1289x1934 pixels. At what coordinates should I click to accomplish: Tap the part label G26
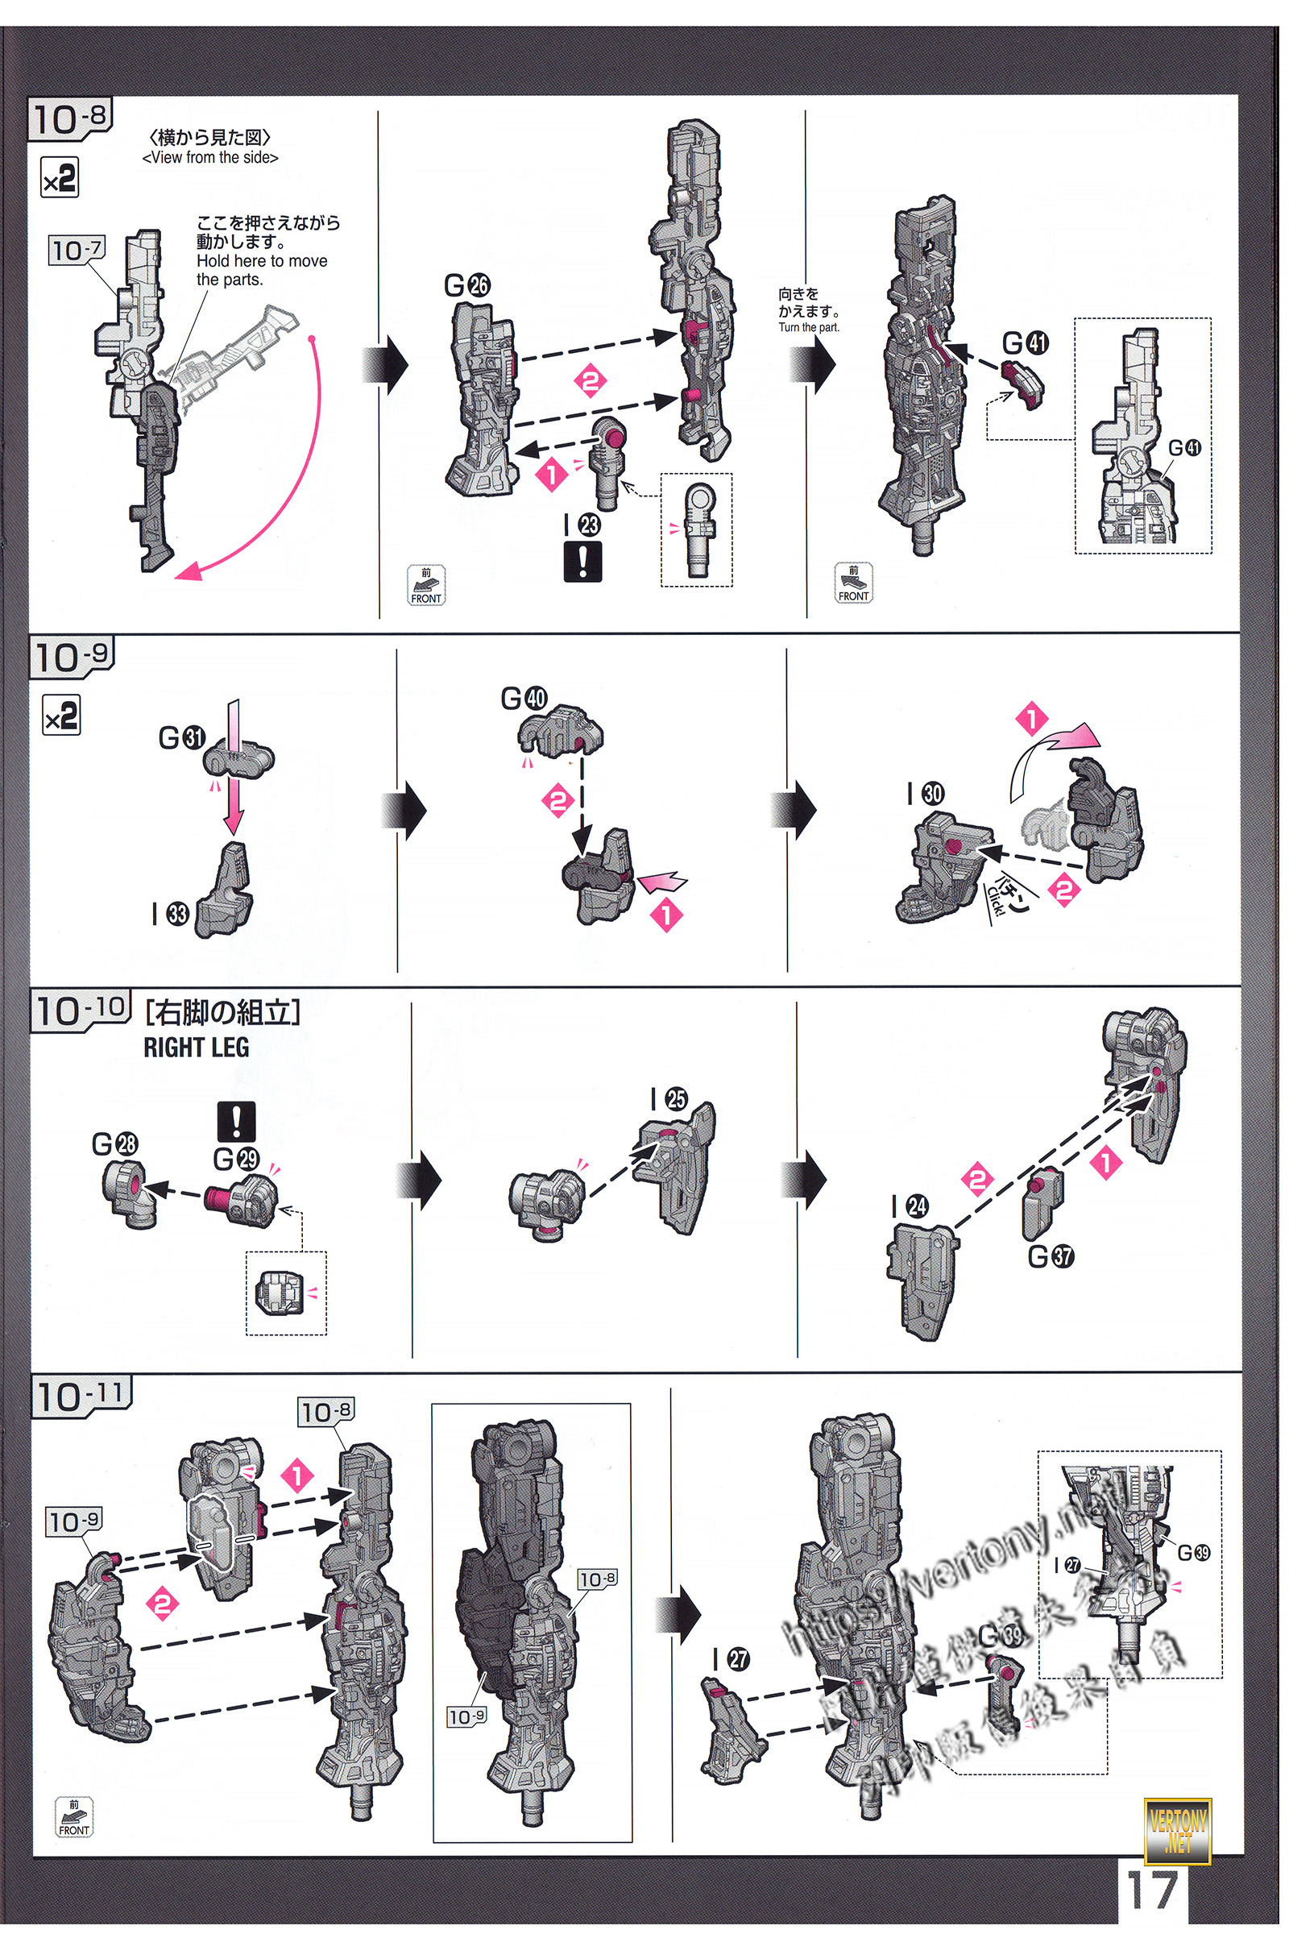[466, 285]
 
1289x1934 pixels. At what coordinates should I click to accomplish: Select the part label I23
[582, 525]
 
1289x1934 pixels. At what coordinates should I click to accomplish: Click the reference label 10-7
[77, 249]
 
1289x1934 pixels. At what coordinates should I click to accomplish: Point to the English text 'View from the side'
[210, 158]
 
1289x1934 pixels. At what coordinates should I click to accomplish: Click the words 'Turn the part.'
[809, 327]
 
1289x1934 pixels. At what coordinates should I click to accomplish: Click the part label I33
[170, 913]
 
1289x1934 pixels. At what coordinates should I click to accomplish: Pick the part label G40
[524, 698]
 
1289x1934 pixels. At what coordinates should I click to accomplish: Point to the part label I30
[926, 794]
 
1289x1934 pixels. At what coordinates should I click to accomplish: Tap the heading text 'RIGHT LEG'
[196, 1047]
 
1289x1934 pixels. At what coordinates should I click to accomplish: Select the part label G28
[114, 1143]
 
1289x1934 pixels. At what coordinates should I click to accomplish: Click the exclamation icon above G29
[236, 1121]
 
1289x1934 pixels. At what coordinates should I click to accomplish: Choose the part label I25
[669, 1098]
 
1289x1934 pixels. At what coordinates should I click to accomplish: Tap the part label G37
[1051, 1255]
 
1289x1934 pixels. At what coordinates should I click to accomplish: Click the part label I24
[910, 1206]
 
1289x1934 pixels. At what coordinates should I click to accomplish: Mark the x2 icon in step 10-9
[61, 715]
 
